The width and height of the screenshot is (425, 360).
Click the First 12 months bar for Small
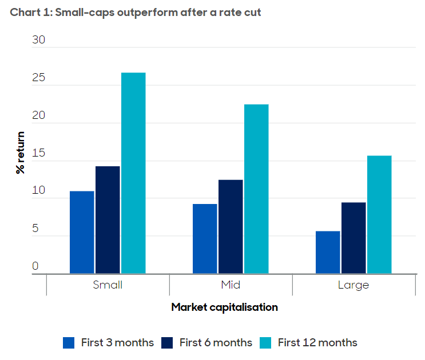point(133,173)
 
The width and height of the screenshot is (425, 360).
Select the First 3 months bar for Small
point(82,232)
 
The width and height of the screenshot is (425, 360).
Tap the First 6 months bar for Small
point(108,220)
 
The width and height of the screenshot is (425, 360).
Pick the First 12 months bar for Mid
point(256,189)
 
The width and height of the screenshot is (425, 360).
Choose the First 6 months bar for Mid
point(231,227)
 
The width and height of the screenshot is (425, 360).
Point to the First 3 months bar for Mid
point(205,239)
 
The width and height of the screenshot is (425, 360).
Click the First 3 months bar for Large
point(328,252)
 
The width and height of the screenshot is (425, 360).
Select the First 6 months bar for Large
point(353,238)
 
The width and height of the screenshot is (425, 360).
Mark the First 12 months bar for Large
point(379,214)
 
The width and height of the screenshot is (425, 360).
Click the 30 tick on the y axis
point(38,41)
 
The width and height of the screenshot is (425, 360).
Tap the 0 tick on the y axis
point(35,266)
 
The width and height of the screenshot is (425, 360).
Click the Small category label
point(108,285)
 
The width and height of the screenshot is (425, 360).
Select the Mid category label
point(231,285)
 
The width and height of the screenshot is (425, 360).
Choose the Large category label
point(353,285)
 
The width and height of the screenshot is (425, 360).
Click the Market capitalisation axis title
point(224,307)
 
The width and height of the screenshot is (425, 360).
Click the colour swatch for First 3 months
point(69,343)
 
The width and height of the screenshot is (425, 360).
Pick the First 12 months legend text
point(317,343)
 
